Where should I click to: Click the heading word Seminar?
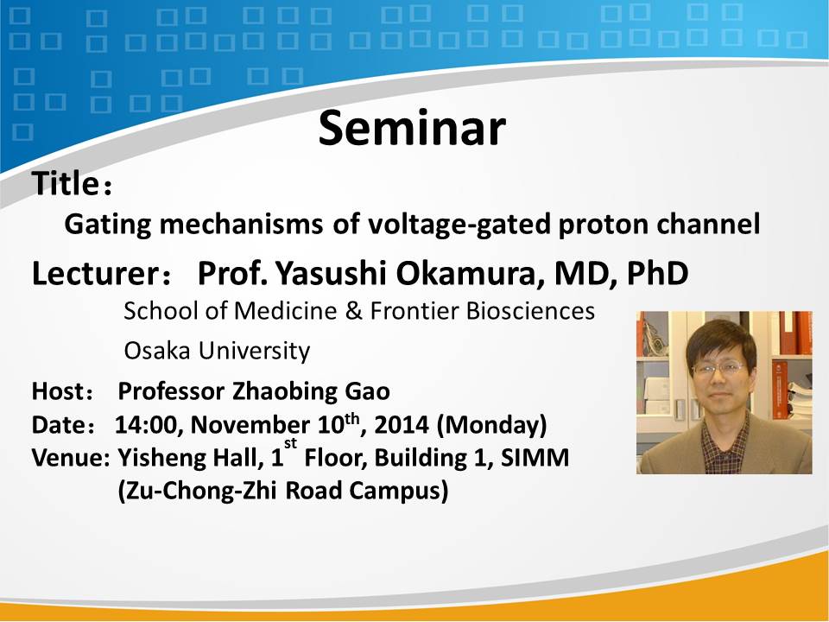click(x=412, y=128)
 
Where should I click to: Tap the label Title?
click(x=65, y=183)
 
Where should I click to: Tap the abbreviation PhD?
click(x=658, y=274)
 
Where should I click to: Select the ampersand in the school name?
click(x=353, y=311)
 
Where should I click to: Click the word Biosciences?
click(x=530, y=311)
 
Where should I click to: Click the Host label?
click(x=58, y=391)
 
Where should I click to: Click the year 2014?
click(x=402, y=425)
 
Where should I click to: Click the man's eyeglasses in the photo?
click(x=719, y=368)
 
